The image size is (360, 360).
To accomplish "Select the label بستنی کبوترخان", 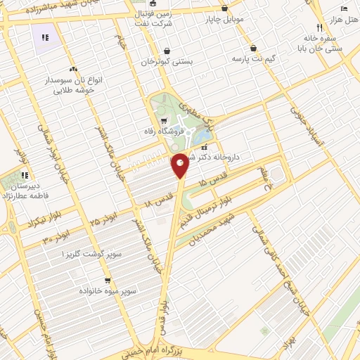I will [x=167, y=62].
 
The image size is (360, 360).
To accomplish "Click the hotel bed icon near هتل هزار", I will [x=344, y=8].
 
